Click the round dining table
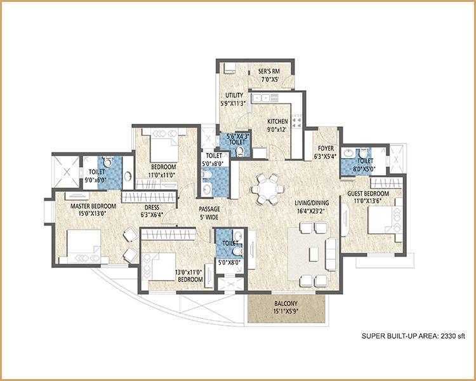[x=268, y=189]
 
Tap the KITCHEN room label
[x=277, y=121]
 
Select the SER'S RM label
[x=269, y=71]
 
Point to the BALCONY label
[x=286, y=304]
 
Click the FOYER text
[x=326, y=148]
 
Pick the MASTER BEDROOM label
[x=93, y=206]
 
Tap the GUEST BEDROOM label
[x=368, y=194]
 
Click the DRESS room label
[x=152, y=208]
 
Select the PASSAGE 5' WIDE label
[x=209, y=213]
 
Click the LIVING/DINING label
[x=312, y=203]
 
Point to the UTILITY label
[x=234, y=95]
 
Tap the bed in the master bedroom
[x=84, y=247]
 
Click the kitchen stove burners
[x=296, y=121]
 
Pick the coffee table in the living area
[x=314, y=254]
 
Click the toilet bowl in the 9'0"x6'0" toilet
[x=108, y=162]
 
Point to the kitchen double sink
[x=261, y=98]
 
